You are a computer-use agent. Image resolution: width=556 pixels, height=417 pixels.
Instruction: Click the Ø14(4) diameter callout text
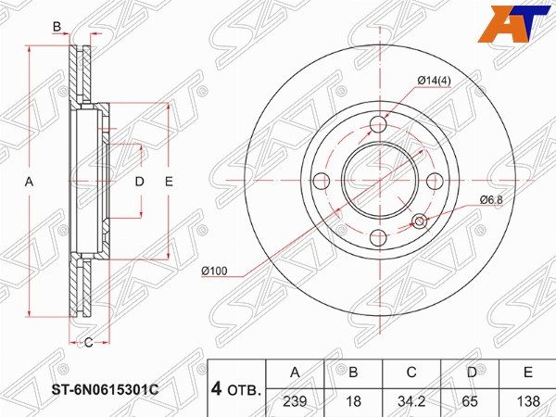[434, 81]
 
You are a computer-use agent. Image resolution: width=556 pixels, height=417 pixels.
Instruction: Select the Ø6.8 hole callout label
[491, 200]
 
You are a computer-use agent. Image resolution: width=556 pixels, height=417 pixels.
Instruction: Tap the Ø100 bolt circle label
[214, 272]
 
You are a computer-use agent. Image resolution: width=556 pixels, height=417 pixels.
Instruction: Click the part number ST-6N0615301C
[106, 390]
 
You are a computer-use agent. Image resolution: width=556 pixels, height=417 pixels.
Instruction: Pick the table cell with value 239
[295, 401]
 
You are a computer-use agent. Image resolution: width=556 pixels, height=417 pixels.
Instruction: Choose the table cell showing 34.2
[411, 401]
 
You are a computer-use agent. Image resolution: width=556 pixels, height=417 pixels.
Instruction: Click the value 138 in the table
[528, 401]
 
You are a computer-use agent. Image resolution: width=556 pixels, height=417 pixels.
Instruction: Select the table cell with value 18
[353, 401]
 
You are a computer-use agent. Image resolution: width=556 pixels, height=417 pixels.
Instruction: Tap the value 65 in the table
[470, 401]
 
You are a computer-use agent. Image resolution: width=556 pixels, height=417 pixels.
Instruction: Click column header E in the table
[528, 373]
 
